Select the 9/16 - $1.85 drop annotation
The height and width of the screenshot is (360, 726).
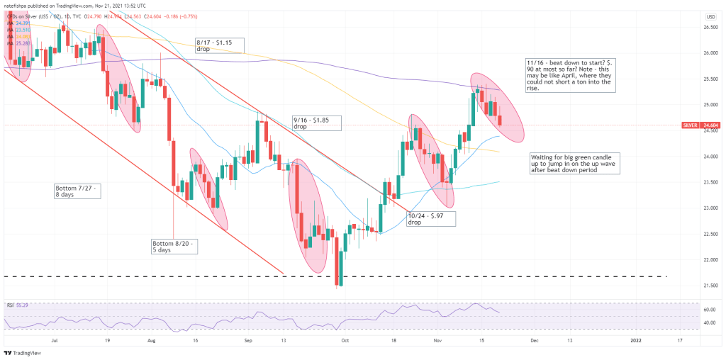pyautogui.click(x=316, y=122)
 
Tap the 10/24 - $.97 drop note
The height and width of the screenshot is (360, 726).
pyautogui.click(x=430, y=218)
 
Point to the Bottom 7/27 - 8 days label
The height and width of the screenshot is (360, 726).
pyautogui.click(x=78, y=190)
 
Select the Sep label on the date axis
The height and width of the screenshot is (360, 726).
pyautogui.click(x=248, y=340)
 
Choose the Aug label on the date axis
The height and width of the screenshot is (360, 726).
pyautogui.click(x=150, y=340)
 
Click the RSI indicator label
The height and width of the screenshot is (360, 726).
pyautogui.click(x=11, y=305)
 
